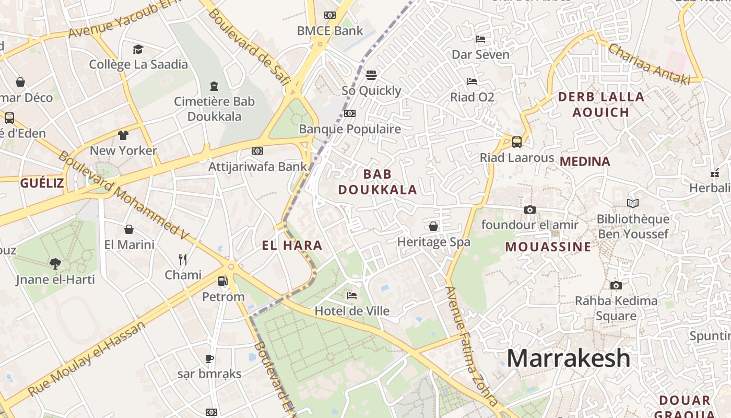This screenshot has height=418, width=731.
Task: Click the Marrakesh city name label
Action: tap(569, 358)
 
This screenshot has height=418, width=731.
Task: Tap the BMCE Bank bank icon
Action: tap(329, 15)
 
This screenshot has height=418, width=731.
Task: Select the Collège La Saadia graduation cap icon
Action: tap(138, 49)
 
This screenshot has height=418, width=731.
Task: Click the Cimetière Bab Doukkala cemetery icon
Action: tap(214, 86)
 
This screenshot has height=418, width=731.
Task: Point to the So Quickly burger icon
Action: tap(371, 75)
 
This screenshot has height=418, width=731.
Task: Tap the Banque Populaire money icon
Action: tap(350, 113)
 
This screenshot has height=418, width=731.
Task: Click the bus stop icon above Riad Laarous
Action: tap(517, 142)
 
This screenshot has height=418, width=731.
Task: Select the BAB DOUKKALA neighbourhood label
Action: tap(378, 182)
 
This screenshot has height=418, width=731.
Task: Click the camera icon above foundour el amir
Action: tap(529, 210)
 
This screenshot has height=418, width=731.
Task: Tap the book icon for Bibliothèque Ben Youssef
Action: tap(633, 203)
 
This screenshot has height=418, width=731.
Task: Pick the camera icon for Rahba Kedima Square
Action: tap(616, 285)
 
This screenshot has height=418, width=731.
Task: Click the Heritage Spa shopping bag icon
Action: tap(433, 226)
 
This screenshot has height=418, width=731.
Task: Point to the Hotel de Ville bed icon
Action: tap(352, 296)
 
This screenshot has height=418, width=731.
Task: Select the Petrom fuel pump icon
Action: tap(222, 281)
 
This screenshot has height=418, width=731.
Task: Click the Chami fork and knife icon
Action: tap(183, 259)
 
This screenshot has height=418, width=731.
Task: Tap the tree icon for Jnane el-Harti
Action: tap(55, 264)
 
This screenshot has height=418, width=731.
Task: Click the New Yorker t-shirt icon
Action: tap(123, 135)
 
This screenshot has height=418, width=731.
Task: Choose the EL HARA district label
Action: tap(292, 245)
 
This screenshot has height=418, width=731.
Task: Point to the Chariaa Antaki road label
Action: tap(649, 65)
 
